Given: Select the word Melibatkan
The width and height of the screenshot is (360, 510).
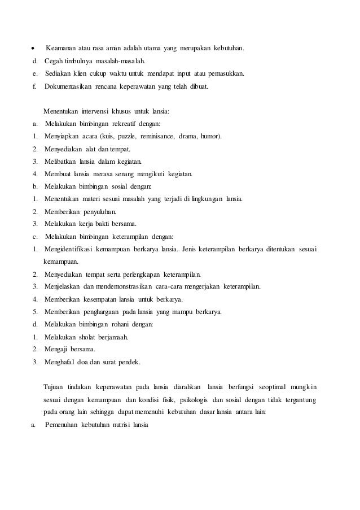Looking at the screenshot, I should pos(61,162).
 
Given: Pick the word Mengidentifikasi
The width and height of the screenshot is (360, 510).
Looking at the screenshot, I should pos(70,249).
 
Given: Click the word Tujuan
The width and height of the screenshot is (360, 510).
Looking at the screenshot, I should pos(54,387).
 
